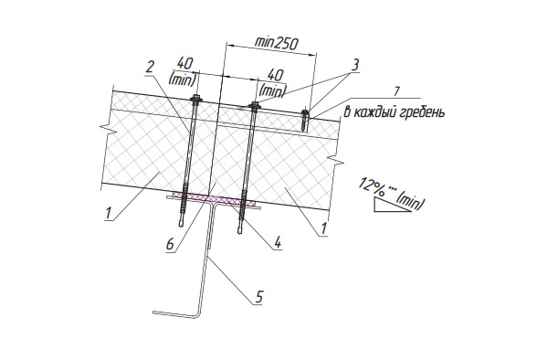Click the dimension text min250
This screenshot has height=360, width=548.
(x=277, y=43)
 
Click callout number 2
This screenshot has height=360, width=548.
(x=150, y=67)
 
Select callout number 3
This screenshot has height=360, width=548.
(x=354, y=66)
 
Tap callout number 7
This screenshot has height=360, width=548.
(x=396, y=91)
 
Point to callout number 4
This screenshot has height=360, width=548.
(x=278, y=242)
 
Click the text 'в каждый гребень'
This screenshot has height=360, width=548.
(x=395, y=112)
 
